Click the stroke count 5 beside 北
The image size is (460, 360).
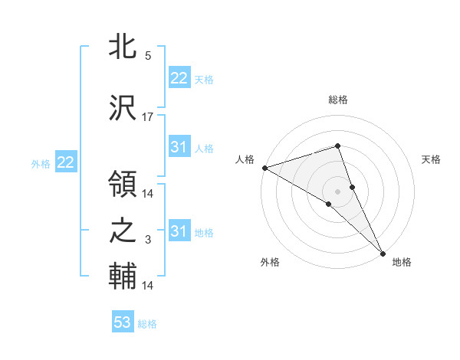click(x=148, y=56)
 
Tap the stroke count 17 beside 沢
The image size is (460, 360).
click(x=148, y=116)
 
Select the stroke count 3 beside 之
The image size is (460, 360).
click(x=148, y=241)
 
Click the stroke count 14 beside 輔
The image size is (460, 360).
click(x=148, y=286)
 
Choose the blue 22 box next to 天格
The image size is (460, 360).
click(x=179, y=78)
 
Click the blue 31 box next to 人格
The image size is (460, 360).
click(x=179, y=147)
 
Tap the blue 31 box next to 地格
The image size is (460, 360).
click(x=179, y=231)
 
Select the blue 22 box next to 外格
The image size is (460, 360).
click(x=66, y=162)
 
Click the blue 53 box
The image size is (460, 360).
click(x=123, y=322)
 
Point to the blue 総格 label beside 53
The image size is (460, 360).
click(x=147, y=324)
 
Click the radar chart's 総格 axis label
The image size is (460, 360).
click(x=338, y=100)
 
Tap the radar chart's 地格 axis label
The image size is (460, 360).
click(x=402, y=262)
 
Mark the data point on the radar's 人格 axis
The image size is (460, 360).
click(x=264, y=168)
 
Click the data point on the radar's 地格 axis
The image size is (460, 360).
click(x=383, y=253)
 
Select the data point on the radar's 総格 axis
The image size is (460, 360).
click(x=338, y=146)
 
